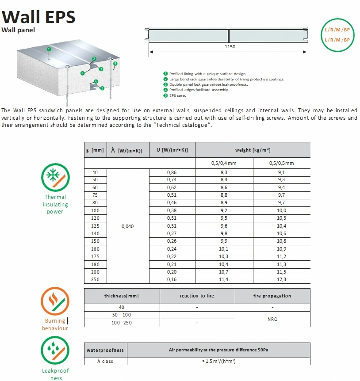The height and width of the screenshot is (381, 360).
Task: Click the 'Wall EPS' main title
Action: point(38,16)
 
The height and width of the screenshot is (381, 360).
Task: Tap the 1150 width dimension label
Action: point(230,46)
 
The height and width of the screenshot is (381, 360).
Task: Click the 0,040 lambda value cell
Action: point(127,226)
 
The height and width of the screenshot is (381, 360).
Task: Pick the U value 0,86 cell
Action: point(172,172)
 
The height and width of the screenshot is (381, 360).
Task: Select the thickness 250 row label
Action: point(95,279)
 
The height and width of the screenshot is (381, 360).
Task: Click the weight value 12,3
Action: point(281,279)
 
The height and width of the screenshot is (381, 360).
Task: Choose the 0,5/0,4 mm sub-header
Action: point(224,164)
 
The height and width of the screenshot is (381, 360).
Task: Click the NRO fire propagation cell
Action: point(272,319)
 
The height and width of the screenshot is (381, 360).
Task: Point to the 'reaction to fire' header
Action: point(197,296)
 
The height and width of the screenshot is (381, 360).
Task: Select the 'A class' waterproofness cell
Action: point(105,361)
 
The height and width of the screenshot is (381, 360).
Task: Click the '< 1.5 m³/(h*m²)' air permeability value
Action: point(218,361)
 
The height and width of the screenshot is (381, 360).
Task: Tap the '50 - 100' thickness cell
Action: point(122,315)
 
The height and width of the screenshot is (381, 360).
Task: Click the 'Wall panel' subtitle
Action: point(18,30)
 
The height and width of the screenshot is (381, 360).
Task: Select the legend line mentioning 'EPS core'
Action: point(177,95)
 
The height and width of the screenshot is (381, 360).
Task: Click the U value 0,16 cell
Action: point(172,279)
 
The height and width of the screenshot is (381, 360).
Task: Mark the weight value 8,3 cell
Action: point(224,172)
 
